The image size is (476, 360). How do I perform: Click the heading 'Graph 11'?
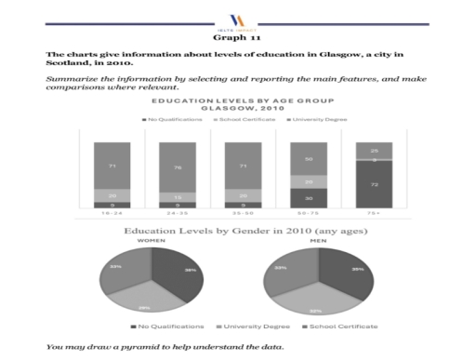[237, 38]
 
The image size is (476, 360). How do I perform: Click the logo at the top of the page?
[237, 18]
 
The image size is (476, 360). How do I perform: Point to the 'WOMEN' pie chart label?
[152, 240]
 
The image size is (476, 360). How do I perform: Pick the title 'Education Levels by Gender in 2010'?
[237, 229]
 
